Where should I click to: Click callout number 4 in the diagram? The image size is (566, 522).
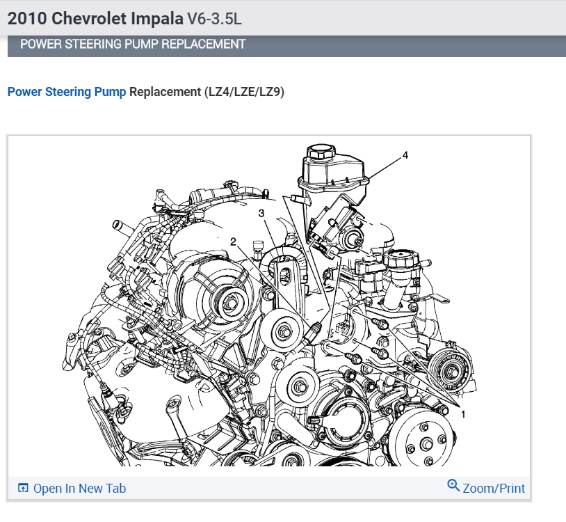tap(405, 155)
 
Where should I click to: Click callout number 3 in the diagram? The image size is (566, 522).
tap(261, 214)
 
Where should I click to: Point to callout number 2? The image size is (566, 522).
tap(233, 242)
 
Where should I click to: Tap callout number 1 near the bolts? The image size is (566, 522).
tap(463, 414)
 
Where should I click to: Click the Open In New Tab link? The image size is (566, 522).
tap(79, 489)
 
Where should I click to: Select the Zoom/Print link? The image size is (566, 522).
tap(494, 489)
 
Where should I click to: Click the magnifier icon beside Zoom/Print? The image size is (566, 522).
tap(453, 485)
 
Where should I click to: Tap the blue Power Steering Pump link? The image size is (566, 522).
tap(67, 92)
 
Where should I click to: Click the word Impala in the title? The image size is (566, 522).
tap(157, 18)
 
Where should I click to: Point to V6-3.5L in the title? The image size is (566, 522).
tap(214, 18)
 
